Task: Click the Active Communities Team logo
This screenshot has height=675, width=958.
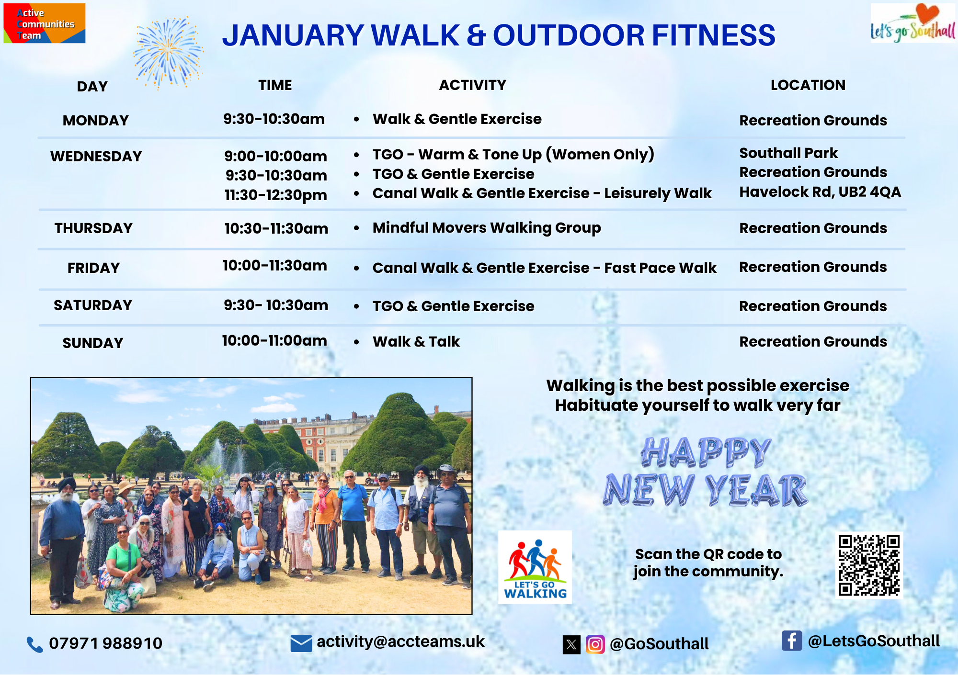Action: tap(45, 23)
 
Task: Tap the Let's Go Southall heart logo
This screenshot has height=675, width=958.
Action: tap(913, 23)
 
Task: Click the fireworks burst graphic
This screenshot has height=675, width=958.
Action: tap(168, 53)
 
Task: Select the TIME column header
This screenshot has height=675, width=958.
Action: tap(275, 85)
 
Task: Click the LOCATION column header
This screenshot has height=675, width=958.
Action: tap(808, 85)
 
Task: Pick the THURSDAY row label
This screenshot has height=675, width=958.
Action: tap(93, 228)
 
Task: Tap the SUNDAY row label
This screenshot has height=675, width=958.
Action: tap(93, 343)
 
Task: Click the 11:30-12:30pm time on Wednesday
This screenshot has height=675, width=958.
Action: tap(276, 195)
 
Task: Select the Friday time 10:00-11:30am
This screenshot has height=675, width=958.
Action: tap(275, 265)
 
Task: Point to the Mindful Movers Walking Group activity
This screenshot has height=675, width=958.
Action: tap(487, 228)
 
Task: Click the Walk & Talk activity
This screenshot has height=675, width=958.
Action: tap(416, 341)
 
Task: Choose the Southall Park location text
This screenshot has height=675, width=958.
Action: tap(788, 153)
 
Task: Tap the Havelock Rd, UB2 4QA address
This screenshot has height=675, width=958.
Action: tap(820, 192)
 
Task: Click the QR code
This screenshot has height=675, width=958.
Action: tap(869, 565)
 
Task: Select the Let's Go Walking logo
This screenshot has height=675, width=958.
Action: tap(535, 567)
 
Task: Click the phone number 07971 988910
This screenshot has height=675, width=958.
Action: tap(106, 643)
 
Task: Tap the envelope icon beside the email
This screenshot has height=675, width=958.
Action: tap(301, 643)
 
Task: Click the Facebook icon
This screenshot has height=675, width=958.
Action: tap(792, 641)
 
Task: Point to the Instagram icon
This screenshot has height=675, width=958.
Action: tap(595, 644)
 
